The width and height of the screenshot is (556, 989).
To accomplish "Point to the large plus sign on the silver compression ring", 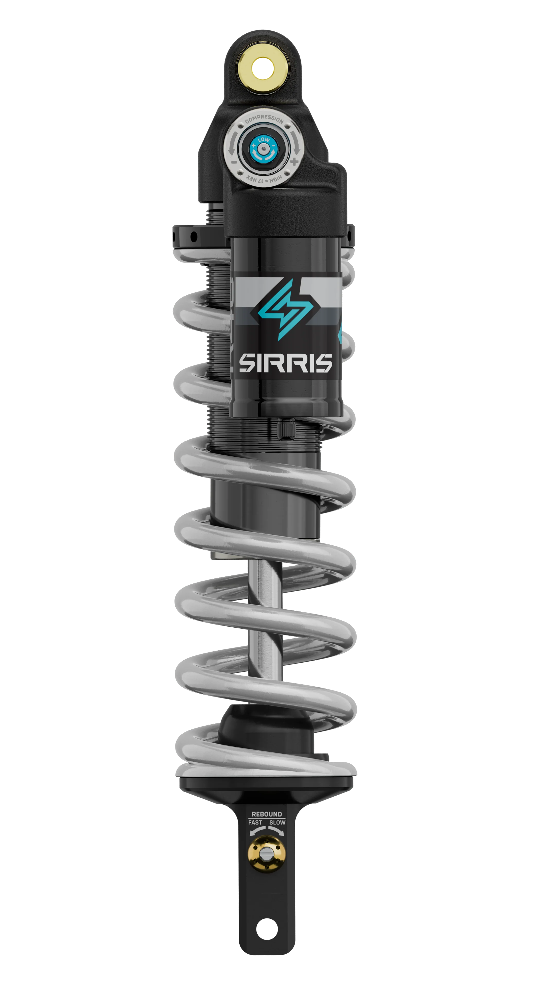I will click(294, 162).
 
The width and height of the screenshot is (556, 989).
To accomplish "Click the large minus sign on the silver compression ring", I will click(234, 162).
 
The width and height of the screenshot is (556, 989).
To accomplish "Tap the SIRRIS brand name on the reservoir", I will click(285, 363).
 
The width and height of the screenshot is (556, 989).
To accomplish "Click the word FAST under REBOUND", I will click(255, 822).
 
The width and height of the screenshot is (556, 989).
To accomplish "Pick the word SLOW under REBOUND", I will click(277, 822).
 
